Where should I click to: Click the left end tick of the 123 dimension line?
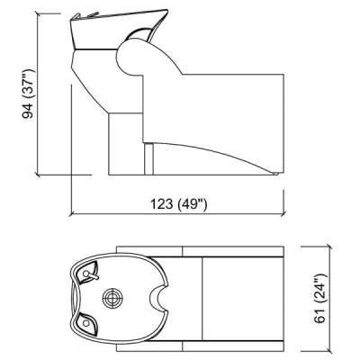(x=71, y=214)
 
